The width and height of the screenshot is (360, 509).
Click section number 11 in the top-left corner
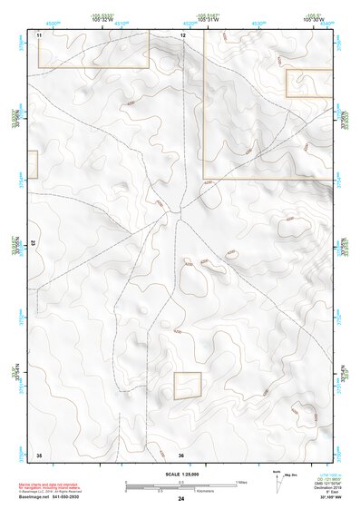[x=40, y=34]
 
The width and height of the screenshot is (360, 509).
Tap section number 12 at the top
[x=182, y=34]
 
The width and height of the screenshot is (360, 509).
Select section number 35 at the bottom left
[x=39, y=454]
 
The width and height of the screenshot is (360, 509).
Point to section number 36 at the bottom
[x=181, y=454]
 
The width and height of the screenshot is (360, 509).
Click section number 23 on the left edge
[x=33, y=243]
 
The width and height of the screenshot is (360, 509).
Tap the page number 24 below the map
[x=181, y=499]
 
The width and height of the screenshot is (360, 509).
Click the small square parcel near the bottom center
[x=187, y=386]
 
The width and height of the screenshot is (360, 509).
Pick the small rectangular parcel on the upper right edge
[x=309, y=83]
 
